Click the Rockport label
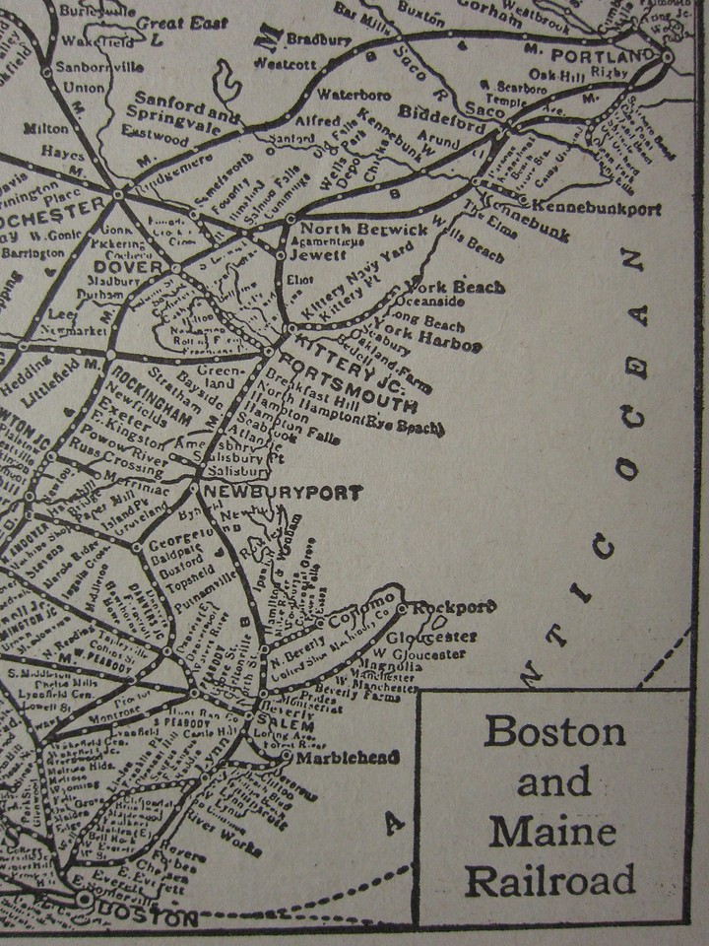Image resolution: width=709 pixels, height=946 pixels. [x=454, y=607]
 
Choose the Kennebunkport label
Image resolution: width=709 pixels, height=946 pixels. [x=596, y=209]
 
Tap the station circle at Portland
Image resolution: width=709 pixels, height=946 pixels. [x=668, y=56]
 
